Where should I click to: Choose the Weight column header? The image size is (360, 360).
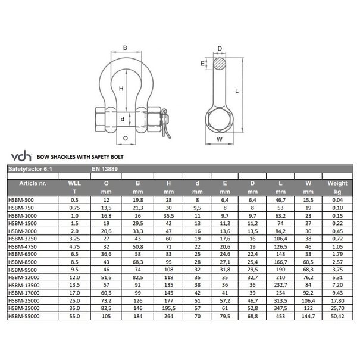click(337, 184)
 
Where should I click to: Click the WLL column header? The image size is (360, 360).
click(75, 184)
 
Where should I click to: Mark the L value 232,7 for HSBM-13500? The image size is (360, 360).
click(281, 284)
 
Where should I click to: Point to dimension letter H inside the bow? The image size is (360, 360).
click(121, 88)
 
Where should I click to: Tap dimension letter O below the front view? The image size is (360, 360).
click(125, 138)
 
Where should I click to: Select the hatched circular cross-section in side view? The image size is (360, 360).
click(220, 63)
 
